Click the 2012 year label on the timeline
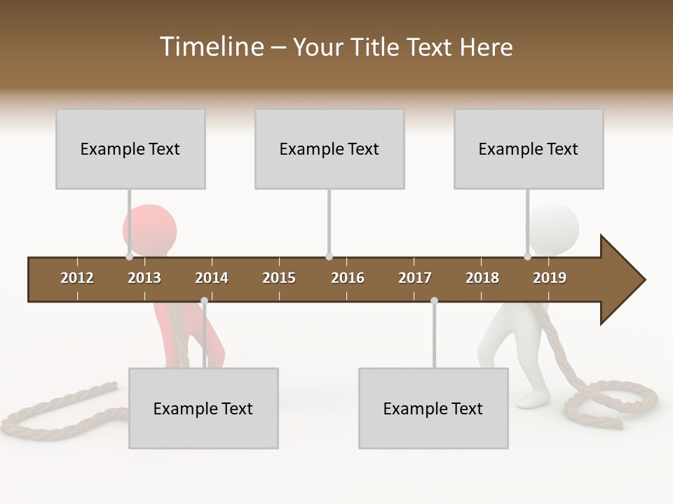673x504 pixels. (77, 278)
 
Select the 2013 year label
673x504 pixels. (144, 278)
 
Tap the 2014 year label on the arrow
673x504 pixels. (212, 278)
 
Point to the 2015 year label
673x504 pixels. (279, 278)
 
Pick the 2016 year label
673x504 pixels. (348, 278)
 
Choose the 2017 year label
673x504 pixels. (415, 278)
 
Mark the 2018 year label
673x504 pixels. (482, 278)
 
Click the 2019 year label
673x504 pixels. (550, 278)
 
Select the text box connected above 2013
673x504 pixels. (130, 149)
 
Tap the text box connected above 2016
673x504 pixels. (329, 149)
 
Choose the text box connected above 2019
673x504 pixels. (529, 149)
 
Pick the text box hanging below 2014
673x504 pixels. (203, 408)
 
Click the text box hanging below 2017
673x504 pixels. (433, 408)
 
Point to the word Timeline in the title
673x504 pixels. (211, 47)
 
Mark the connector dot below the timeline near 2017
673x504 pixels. (434, 301)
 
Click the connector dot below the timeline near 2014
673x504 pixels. (204, 301)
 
